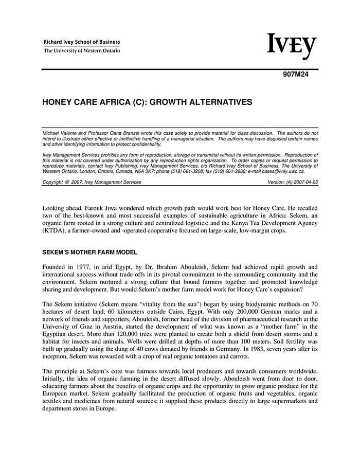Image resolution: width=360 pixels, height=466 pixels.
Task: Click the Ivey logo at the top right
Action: point(291,46)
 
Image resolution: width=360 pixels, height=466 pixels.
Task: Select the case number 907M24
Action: point(296,74)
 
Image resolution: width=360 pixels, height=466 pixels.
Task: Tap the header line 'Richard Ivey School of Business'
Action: point(82,42)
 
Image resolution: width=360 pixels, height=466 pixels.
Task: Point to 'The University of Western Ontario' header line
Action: point(82,51)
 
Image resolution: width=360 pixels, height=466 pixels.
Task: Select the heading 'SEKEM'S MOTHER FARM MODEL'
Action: point(89,253)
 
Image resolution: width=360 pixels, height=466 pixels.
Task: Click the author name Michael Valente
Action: point(60,133)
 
